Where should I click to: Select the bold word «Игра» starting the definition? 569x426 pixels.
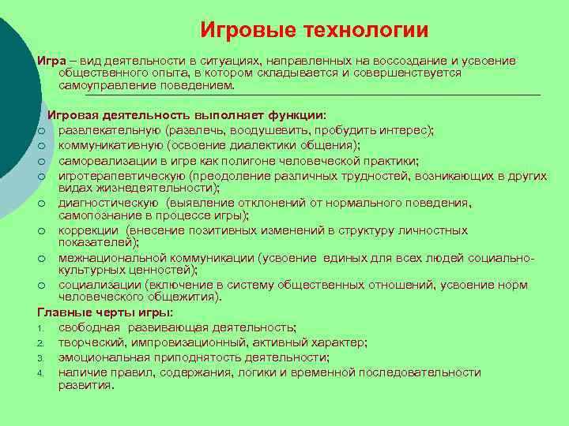[x=50, y=60]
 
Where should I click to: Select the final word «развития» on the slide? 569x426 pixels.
[x=85, y=385]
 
